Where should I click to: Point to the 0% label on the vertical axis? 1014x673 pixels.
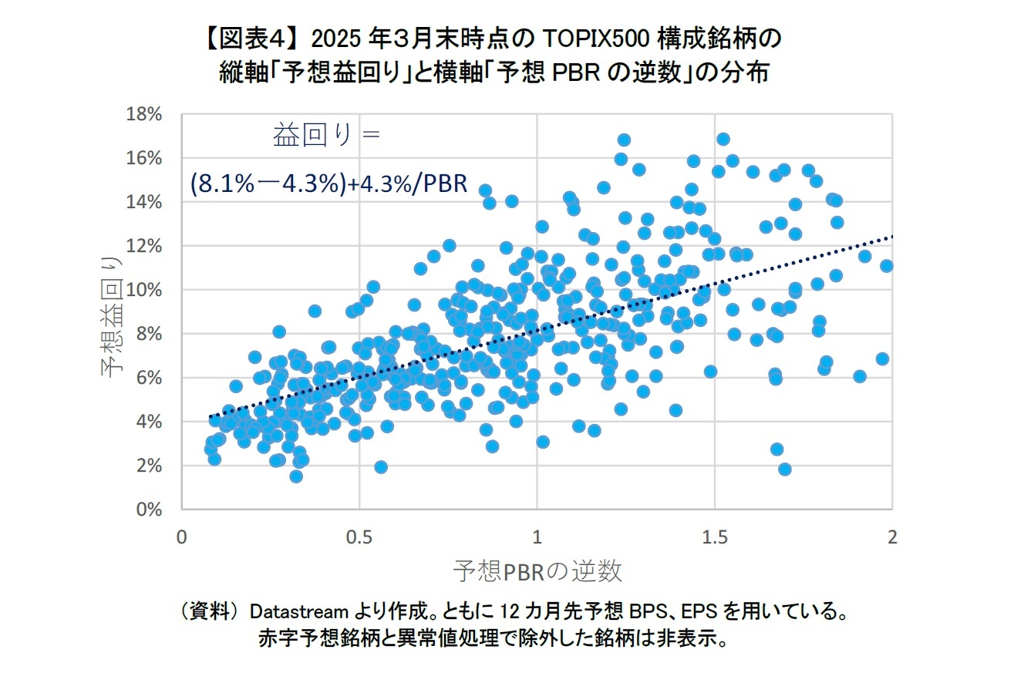point(150,510)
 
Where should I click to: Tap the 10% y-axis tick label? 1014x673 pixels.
point(145,290)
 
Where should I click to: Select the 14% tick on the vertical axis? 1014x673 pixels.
point(145,202)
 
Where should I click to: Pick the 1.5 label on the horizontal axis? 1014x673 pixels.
point(715,537)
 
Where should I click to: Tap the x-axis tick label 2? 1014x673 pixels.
point(892,537)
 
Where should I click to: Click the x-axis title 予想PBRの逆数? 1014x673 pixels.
point(537,571)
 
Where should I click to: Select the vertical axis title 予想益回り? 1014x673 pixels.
point(112,317)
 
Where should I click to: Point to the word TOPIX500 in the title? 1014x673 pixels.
point(588,38)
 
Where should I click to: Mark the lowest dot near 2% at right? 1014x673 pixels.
point(785,469)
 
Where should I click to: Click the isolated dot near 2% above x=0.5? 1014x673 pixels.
point(381,466)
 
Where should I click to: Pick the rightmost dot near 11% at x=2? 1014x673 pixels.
point(887,266)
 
